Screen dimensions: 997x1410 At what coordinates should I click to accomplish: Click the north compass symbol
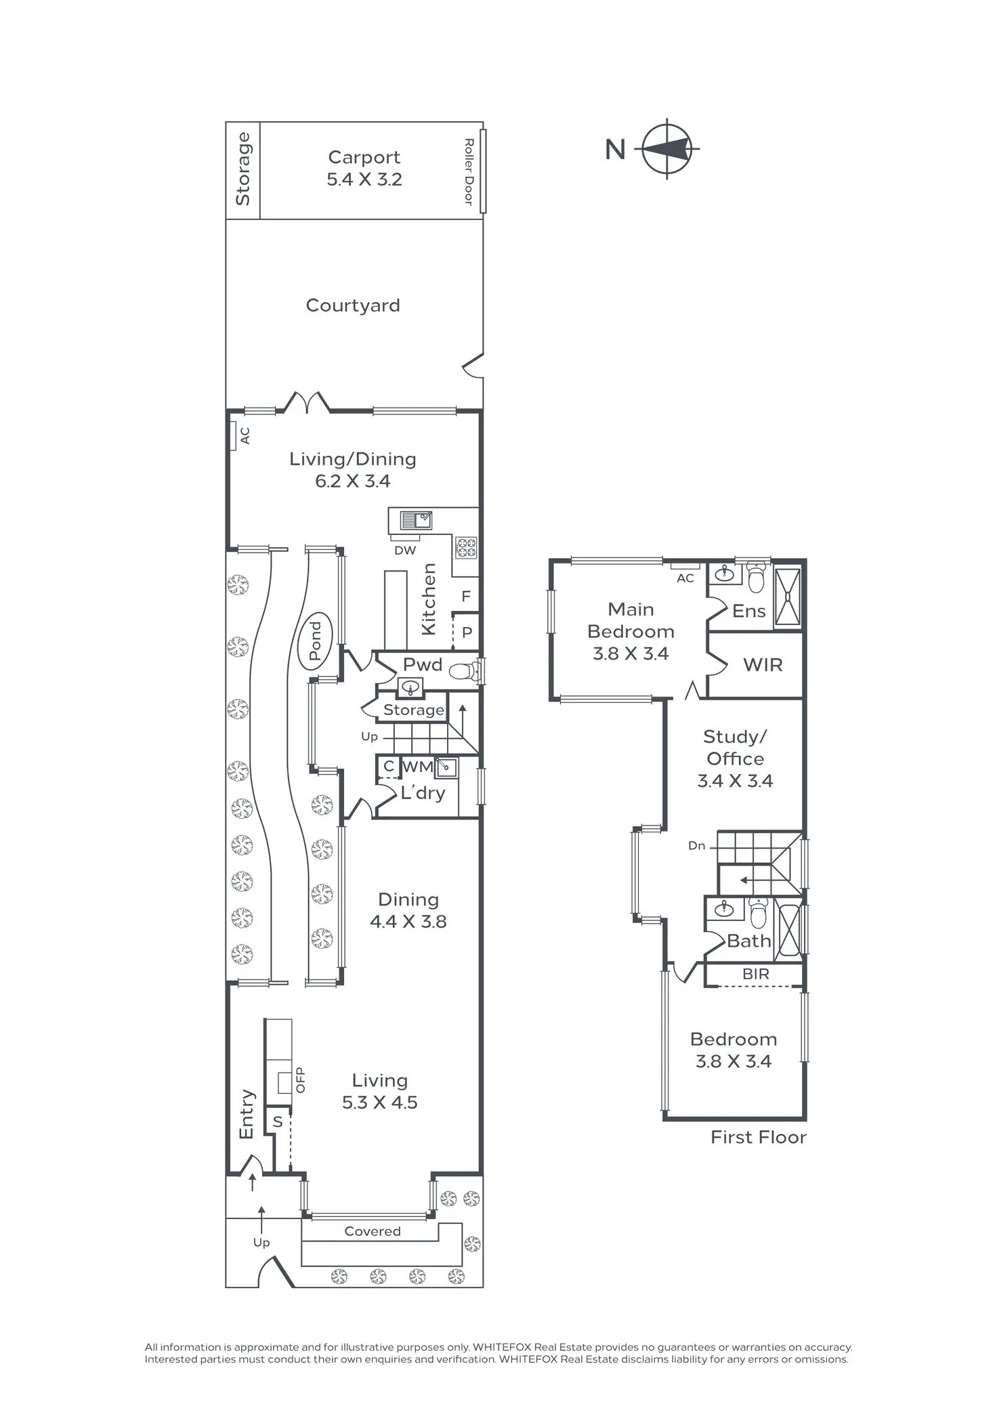668,148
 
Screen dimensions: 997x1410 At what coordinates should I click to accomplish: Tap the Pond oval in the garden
316,641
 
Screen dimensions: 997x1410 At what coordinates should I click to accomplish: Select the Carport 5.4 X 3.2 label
364,168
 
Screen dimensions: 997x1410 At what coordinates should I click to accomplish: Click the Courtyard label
353,305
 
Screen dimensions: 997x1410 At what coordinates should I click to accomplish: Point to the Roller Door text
468,171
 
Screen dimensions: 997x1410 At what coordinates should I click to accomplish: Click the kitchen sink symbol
416,520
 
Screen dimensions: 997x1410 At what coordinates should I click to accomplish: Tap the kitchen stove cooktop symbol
466,547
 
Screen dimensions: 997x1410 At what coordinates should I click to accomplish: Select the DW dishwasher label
405,551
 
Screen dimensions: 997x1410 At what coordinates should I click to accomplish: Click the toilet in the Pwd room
463,671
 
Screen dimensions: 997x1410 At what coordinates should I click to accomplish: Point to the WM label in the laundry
417,767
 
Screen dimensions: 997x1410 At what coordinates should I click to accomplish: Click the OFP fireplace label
301,1080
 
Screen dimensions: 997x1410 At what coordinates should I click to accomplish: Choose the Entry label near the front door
247,1114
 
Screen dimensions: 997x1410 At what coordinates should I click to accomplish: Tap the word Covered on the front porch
373,1231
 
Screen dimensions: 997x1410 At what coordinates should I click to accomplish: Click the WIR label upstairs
763,665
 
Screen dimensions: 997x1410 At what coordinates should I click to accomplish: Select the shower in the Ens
788,596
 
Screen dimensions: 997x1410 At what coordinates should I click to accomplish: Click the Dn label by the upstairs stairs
696,846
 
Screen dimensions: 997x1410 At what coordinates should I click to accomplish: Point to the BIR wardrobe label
756,974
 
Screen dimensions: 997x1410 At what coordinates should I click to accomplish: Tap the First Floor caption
759,1137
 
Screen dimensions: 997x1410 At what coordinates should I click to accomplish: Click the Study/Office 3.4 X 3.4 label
735,759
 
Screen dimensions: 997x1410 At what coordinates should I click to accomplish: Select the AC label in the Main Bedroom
685,578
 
